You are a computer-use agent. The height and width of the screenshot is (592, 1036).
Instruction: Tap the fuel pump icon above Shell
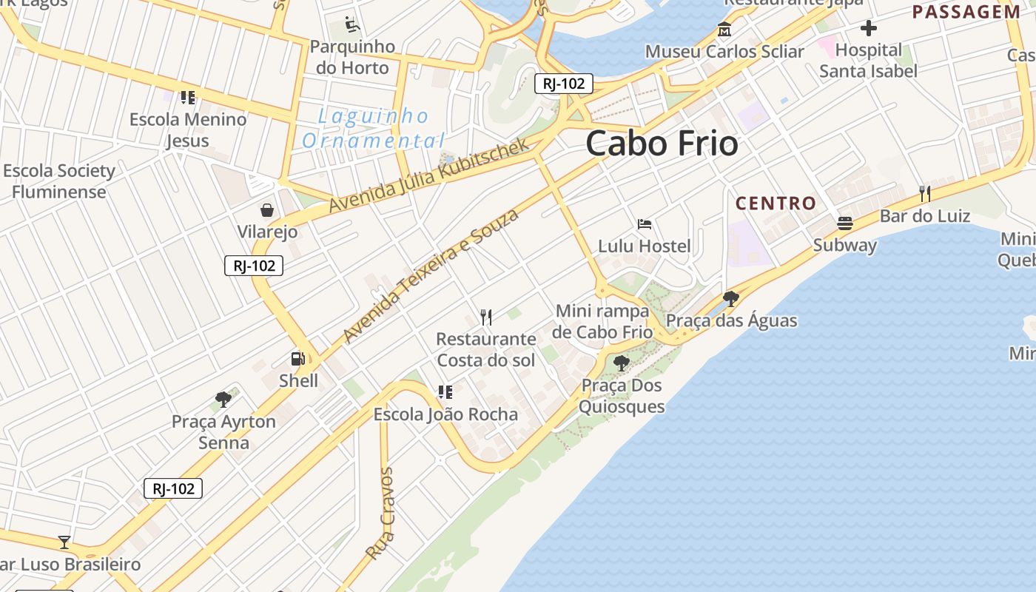(297, 359)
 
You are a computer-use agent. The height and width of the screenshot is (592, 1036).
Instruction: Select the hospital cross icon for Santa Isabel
(869, 29)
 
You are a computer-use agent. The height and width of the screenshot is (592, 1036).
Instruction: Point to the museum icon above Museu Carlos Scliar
(724, 30)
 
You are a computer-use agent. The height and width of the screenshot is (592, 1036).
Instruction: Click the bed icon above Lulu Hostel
(645, 223)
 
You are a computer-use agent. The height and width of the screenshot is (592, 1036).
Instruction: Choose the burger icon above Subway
(844, 223)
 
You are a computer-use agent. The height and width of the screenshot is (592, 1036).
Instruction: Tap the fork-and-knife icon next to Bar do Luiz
(924, 194)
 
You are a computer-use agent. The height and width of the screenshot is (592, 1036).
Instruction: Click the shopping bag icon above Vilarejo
(267, 210)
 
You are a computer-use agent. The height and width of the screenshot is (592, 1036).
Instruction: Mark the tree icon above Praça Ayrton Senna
(223, 400)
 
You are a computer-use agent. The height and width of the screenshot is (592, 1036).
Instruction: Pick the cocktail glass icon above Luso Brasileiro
(64, 542)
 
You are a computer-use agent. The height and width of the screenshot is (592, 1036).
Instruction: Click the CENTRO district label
(776, 203)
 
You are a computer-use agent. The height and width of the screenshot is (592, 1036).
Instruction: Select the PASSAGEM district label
(966, 12)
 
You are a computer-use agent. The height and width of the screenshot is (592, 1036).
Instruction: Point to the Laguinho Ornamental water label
(374, 128)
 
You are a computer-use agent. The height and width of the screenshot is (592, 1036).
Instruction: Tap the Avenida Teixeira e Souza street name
(431, 275)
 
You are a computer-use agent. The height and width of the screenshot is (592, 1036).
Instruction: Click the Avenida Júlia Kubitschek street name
(430, 175)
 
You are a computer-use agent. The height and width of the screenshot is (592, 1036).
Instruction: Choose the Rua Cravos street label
(380, 514)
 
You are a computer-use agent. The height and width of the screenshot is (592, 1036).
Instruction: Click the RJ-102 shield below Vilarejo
(254, 266)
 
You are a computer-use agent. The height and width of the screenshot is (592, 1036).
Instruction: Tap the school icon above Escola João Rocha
(445, 392)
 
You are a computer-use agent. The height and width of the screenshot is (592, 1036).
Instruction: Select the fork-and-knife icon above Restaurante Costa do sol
(486, 317)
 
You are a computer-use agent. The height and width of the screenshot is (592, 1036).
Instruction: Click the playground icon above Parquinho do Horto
(352, 25)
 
